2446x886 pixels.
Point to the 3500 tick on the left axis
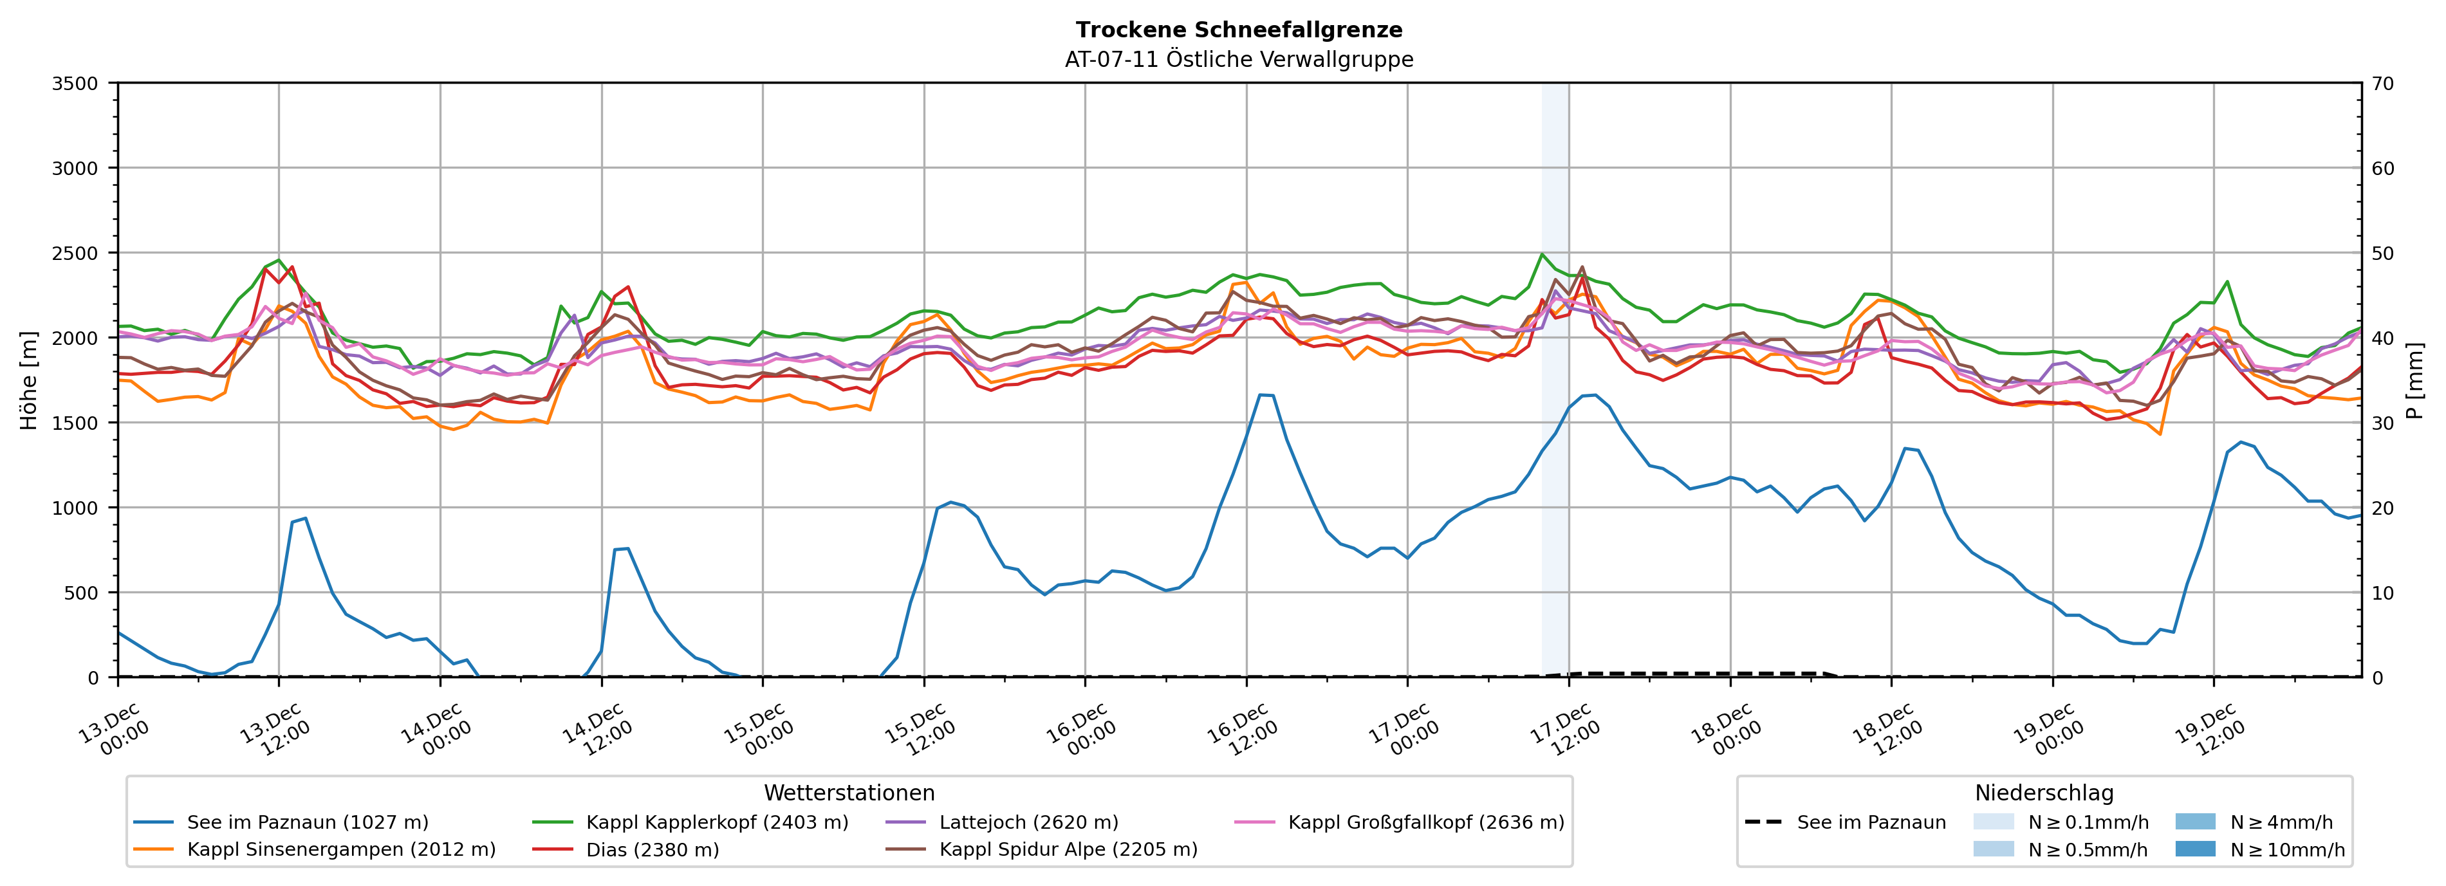[75, 84]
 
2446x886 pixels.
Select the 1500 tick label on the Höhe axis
[75, 423]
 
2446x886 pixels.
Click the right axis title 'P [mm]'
[2414, 380]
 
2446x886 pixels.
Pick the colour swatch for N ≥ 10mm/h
[2194, 849]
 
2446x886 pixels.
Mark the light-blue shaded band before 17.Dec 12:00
[1554, 380]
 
